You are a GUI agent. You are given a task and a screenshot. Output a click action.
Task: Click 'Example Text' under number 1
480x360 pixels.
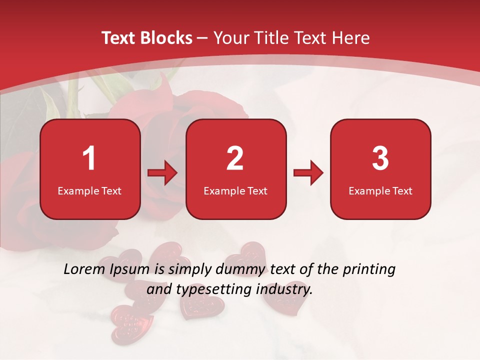(89, 191)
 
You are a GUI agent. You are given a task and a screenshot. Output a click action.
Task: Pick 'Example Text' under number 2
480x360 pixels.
(235, 191)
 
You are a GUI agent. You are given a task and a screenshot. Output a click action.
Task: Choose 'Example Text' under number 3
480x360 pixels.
(380, 191)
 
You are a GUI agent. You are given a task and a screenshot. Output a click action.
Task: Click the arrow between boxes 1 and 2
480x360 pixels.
(163, 173)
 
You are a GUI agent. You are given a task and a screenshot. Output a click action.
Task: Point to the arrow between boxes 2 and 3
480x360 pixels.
(308, 173)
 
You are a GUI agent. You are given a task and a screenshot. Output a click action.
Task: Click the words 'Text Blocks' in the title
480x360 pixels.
(147, 38)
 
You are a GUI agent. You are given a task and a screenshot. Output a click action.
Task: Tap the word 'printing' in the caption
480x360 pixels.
(369, 270)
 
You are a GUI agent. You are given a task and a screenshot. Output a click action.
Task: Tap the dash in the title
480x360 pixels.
(202, 38)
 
